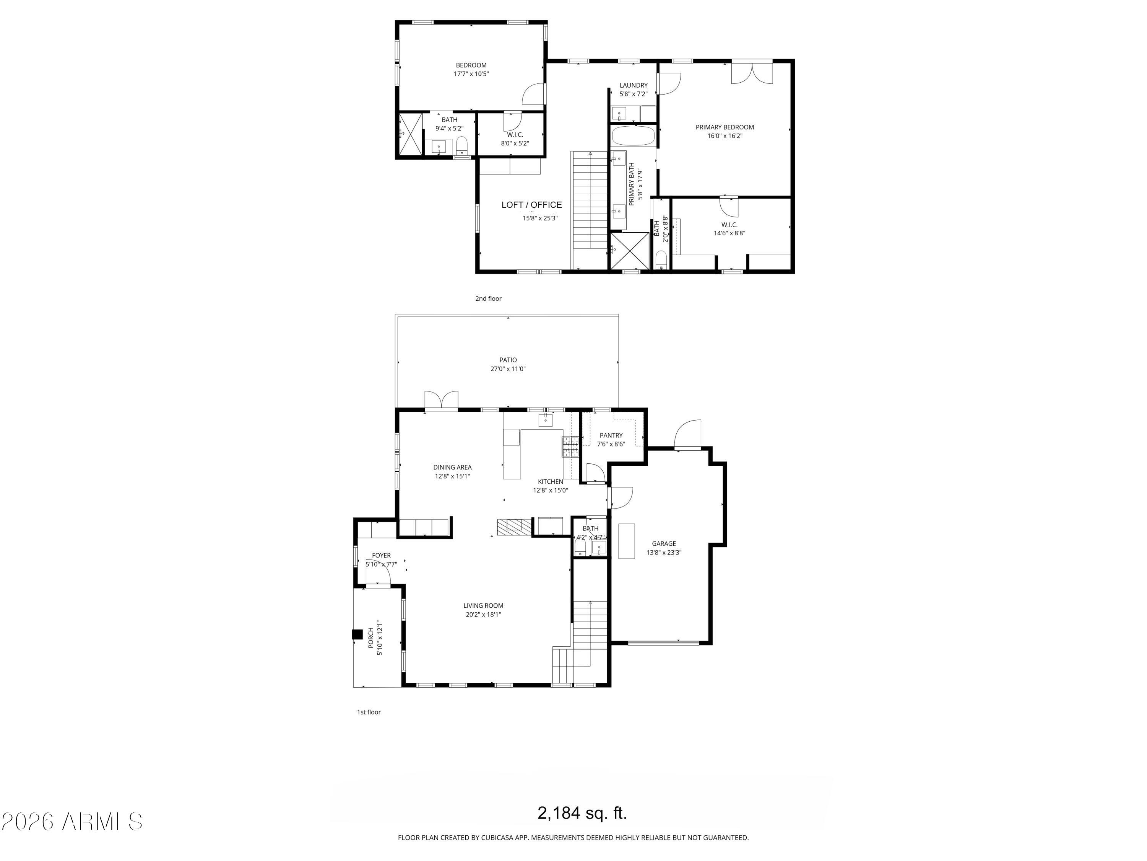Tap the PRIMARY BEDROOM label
pos(725,127)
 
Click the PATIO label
pos(508,360)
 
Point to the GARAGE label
pos(664,544)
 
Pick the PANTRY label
pos(611,435)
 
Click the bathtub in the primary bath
pos(633,136)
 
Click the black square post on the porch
pos(357,634)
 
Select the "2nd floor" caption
pos(489,298)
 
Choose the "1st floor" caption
pos(369,712)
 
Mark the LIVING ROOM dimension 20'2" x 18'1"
pos(483,615)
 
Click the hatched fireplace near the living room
pos(514,527)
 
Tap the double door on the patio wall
pos(441,401)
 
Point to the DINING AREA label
pos(452,467)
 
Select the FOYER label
pos(381,555)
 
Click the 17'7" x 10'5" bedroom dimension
pos(471,74)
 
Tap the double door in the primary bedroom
pos(752,72)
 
